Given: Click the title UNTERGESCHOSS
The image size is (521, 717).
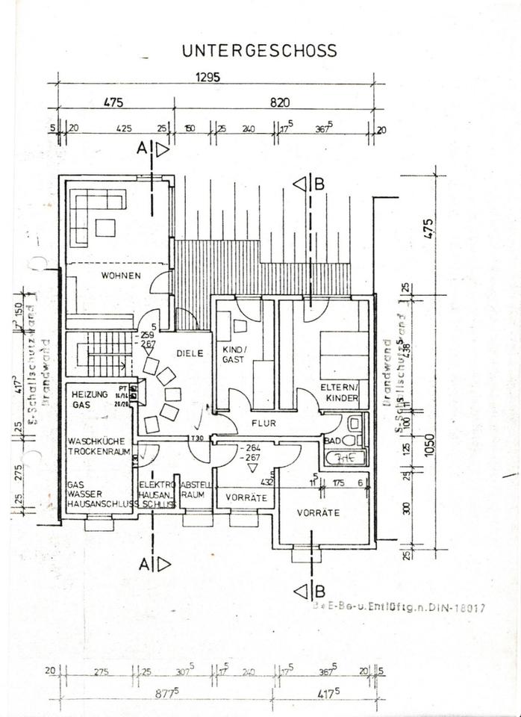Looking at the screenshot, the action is click(x=259, y=51).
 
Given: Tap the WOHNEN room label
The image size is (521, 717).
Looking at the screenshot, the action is click(x=122, y=276).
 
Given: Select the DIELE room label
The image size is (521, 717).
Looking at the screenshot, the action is click(x=190, y=354).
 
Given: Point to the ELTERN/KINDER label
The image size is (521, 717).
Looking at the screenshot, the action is click(x=340, y=393).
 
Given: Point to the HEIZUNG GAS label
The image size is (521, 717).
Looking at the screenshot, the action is click(x=90, y=398).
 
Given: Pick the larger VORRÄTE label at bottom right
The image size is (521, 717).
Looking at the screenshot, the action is click(x=318, y=513).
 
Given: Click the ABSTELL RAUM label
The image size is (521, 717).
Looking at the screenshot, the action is click(x=193, y=488).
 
